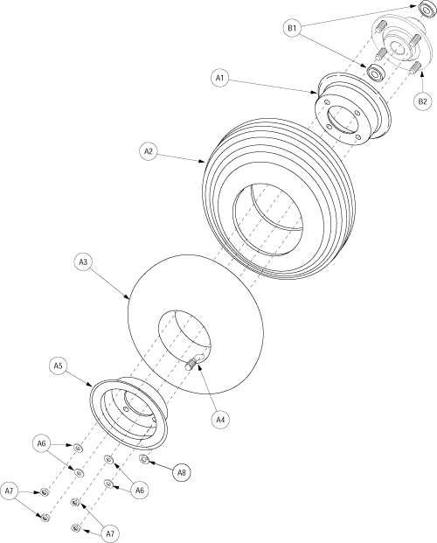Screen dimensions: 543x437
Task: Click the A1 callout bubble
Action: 220,78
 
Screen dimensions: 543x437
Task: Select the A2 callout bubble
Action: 148,151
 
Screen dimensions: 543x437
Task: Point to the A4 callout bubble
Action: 221,419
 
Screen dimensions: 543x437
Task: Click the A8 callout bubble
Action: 182,473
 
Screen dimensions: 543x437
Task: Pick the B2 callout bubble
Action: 422,101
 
